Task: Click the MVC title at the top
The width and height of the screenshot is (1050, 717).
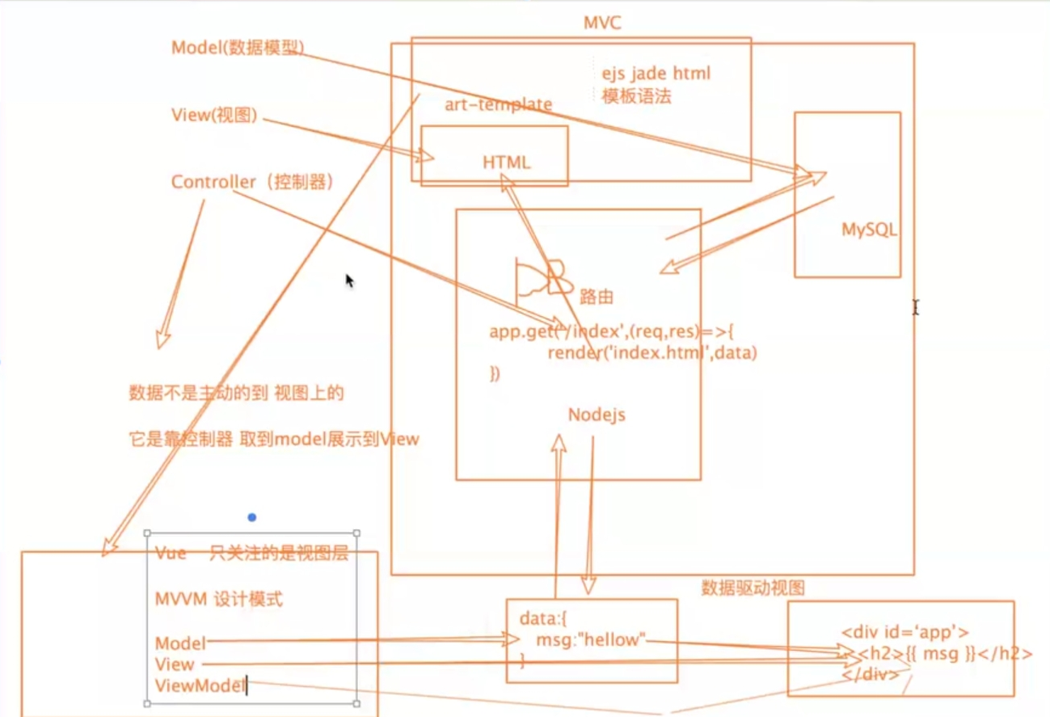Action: (x=602, y=22)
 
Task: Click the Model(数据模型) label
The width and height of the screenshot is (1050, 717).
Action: (x=238, y=48)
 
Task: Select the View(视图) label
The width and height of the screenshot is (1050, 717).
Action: (x=214, y=116)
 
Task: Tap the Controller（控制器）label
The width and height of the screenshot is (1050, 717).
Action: (x=252, y=182)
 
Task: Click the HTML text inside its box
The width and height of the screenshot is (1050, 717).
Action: (x=507, y=162)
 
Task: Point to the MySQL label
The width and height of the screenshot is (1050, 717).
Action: (x=869, y=230)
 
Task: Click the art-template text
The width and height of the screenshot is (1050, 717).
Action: (x=498, y=104)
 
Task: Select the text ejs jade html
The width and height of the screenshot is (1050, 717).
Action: (x=656, y=74)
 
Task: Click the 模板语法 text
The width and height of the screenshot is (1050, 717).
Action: (x=636, y=97)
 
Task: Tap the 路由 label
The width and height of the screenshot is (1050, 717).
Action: (x=597, y=297)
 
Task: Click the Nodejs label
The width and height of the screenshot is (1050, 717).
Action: (x=597, y=415)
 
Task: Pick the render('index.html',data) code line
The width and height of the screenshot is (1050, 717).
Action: (x=652, y=353)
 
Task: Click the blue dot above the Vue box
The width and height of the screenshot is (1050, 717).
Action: (x=252, y=517)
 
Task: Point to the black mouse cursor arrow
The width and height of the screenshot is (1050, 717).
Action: (x=349, y=280)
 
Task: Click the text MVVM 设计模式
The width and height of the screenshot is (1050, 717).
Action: (x=218, y=600)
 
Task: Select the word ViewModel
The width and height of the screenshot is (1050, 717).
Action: (x=200, y=686)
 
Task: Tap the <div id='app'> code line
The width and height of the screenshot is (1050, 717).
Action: (x=905, y=633)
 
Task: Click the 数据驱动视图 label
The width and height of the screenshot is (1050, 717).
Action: (x=753, y=588)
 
